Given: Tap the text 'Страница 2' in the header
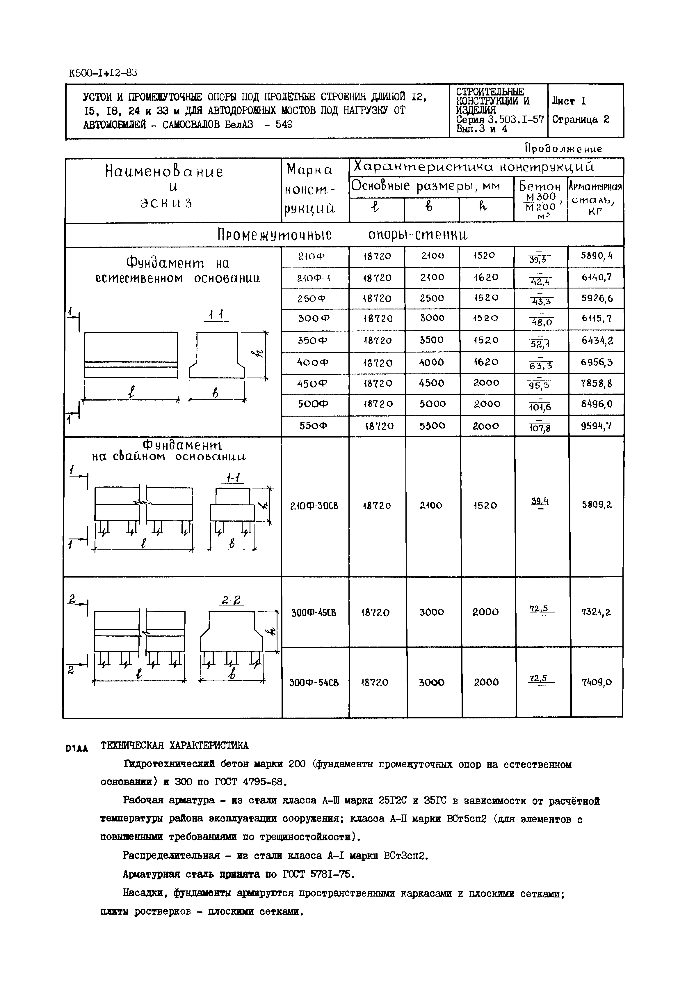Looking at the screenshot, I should [580, 120].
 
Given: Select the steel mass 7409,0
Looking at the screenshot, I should [597, 683].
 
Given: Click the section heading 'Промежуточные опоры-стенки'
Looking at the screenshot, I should [343, 235].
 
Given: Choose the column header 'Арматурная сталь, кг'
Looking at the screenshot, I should [595, 199].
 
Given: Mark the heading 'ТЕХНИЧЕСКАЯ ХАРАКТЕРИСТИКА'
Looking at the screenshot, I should [174, 746].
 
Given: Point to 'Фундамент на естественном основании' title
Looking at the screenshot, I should [177, 270].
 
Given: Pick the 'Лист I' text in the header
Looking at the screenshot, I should [569, 101].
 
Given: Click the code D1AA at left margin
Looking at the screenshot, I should [76, 748].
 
